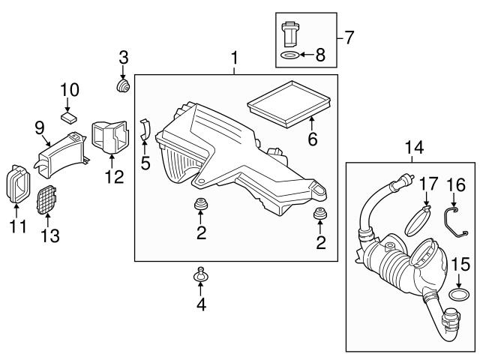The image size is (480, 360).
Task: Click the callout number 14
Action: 414,148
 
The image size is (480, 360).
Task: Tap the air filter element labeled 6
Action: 289,104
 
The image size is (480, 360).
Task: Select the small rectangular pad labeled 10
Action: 68,118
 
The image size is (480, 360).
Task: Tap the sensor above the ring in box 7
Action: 289,34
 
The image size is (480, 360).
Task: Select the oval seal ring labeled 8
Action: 289,55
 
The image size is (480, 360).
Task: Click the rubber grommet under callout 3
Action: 123,85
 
